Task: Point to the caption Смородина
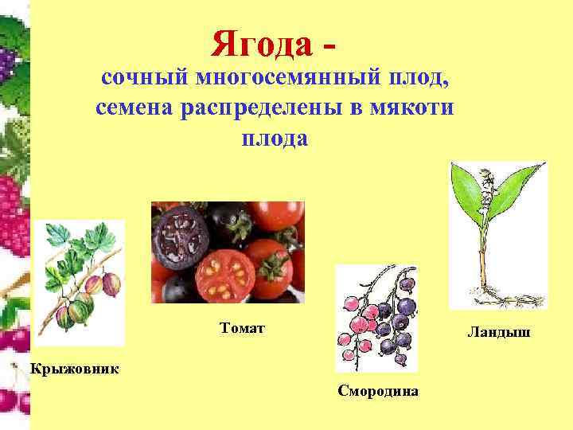(378, 391)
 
